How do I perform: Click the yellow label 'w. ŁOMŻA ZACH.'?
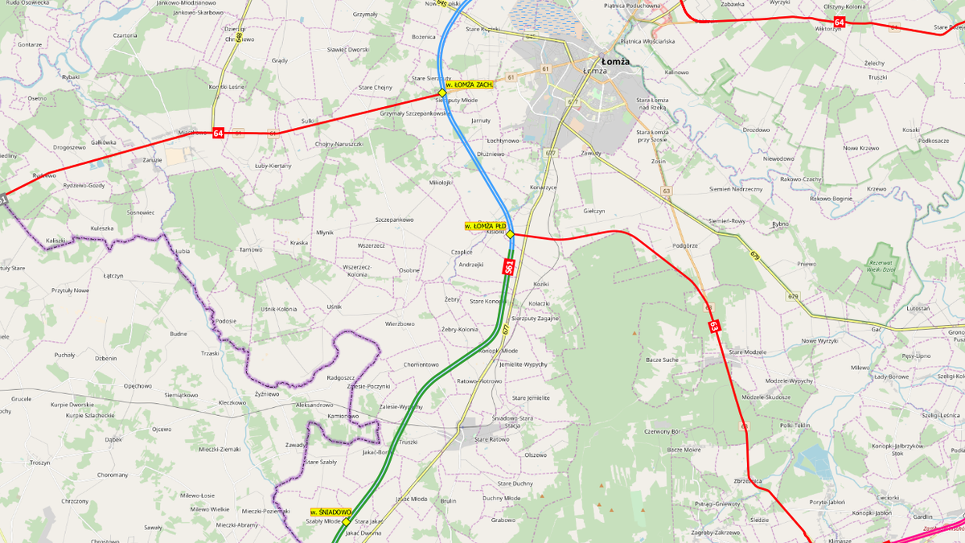click(468, 84)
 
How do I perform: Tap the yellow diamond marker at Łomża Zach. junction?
click(441, 93)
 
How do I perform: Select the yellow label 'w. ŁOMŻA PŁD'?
click(486, 226)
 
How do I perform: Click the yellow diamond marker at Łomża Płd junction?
click(510, 234)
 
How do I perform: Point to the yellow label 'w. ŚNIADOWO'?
click(331, 512)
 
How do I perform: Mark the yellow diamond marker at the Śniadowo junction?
click(347, 521)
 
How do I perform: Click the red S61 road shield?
click(509, 266)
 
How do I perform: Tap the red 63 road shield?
click(713, 327)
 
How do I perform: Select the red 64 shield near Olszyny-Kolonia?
click(839, 22)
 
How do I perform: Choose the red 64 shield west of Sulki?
click(218, 133)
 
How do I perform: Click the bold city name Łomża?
click(615, 61)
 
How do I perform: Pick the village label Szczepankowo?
click(394, 220)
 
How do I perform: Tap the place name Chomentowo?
click(421, 364)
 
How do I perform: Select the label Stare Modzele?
click(748, 352)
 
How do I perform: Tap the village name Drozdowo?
click(756, 130)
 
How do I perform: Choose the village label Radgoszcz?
click(341, 377)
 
